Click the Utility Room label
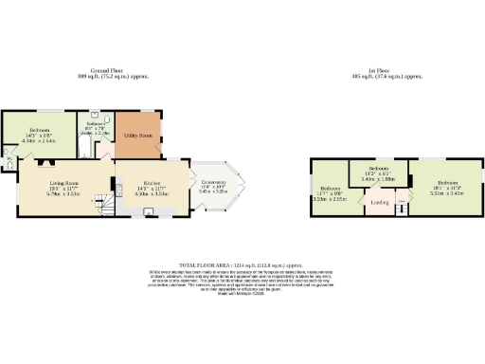(x=139, y=136)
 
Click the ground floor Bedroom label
(x=39, y=130)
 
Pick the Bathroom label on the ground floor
(x=96, y=124)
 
